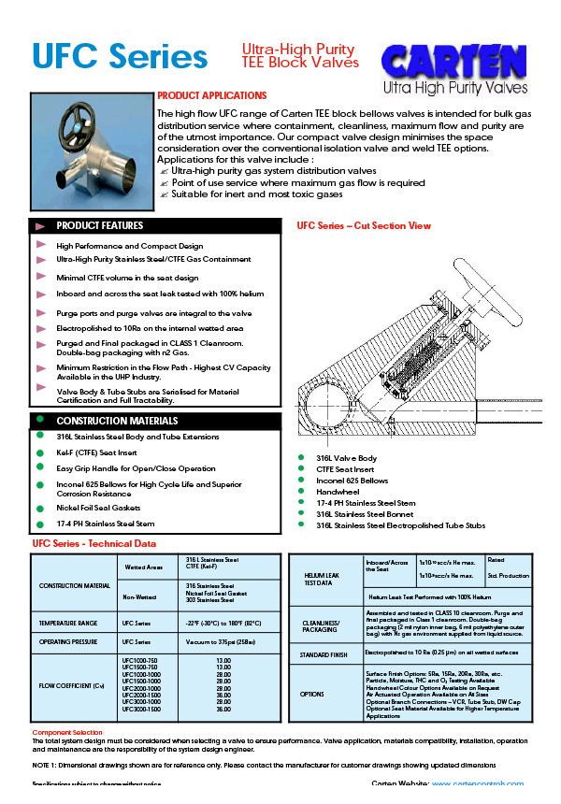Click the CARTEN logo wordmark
453,62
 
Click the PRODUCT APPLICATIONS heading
211,95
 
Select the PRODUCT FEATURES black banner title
100,226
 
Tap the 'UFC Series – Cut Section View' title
364,226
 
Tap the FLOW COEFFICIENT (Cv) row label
72,682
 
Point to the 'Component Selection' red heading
67,732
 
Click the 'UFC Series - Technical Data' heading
94,543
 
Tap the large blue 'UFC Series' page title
120,57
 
